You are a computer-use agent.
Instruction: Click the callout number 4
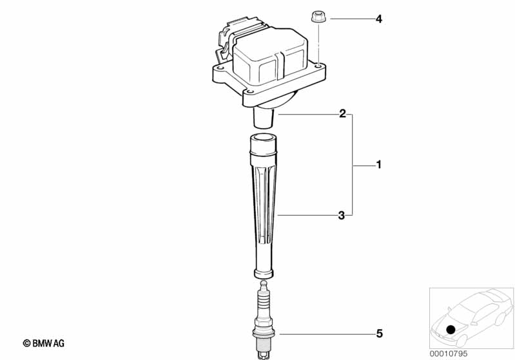tap(379, 19)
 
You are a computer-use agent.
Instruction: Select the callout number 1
tap(379, 164)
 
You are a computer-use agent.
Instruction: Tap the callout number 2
tap(342, 114)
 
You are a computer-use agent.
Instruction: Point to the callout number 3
tap(342, 216)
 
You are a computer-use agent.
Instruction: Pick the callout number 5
tap(380, 334)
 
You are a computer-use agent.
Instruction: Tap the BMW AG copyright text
tap(44, 343)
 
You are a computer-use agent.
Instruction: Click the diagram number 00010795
tap(449, 354)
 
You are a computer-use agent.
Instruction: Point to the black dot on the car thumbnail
tap(451, 329)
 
